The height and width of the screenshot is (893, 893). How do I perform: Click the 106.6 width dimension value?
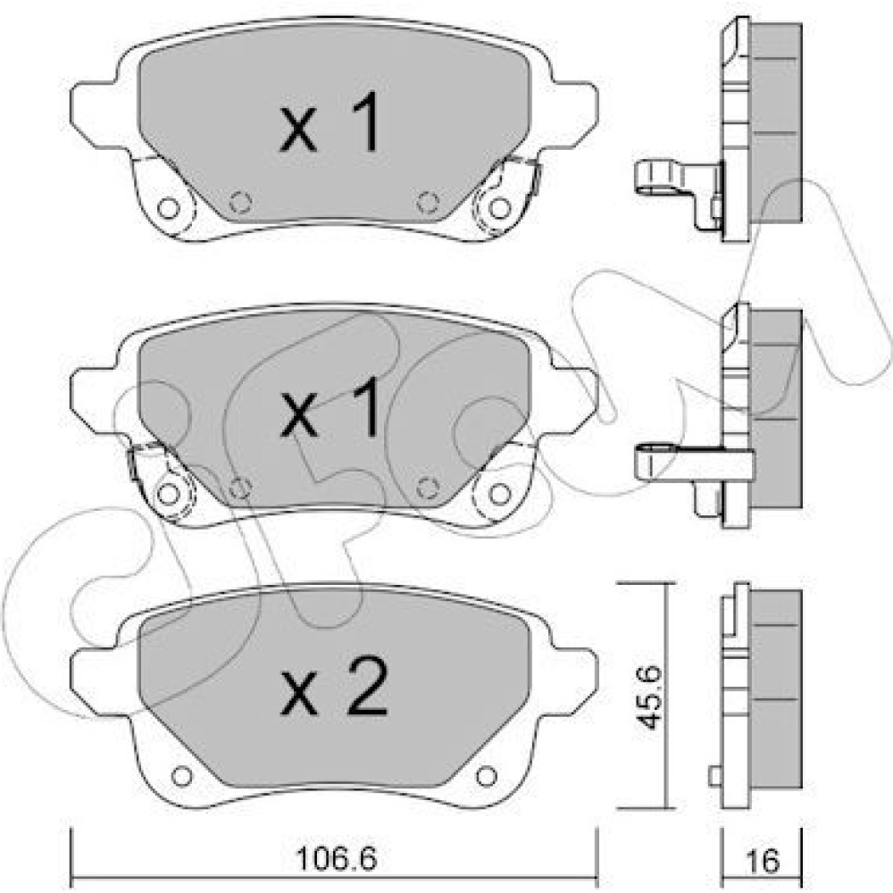click(x=337, y=860)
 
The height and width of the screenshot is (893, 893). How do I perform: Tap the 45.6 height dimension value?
click(x=650, y=697)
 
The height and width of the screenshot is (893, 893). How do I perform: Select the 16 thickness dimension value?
click(x=763, y=861)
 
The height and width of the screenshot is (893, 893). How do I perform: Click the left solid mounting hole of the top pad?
click(x=168, y=208)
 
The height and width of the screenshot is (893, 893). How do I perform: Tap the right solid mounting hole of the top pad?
click(x=499, y=208)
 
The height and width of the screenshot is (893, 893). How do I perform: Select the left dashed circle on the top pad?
click(x=240, y=202)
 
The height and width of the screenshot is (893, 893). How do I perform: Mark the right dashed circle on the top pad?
click(x=428, y=202)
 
